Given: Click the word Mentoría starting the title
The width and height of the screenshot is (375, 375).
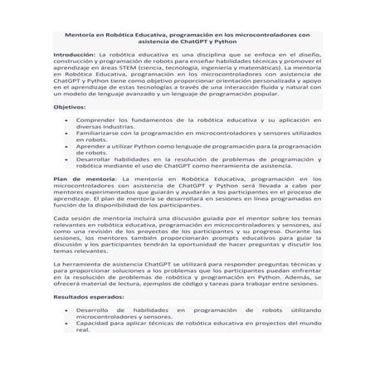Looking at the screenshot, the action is [x=81, y=35].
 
